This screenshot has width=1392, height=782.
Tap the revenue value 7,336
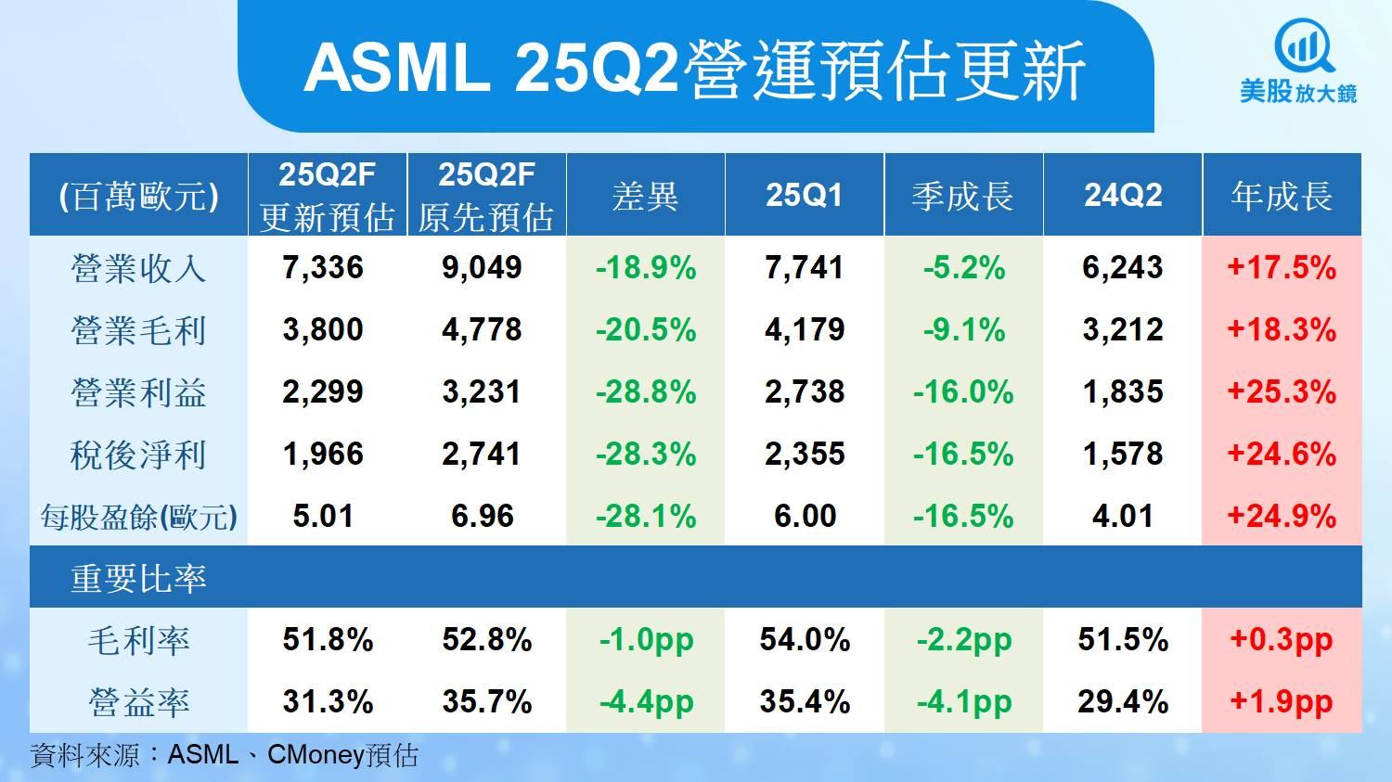point(323,268)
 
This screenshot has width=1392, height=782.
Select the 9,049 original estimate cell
point(482,268)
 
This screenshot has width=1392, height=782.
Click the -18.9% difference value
point(646,268)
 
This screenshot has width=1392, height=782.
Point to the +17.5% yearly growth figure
point(1282,268)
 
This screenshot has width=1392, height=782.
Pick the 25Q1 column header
point(805,195)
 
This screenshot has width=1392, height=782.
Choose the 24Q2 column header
point(1123,195)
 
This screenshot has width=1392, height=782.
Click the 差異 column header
point(645,197)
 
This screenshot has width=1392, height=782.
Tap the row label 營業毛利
point(138,330)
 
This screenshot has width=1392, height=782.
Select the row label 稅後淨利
point(138,454)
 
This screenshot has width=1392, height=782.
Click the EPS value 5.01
point(323,516)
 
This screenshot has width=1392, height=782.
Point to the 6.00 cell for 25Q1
point(805,516)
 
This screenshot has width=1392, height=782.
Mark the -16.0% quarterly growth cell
point(963,392)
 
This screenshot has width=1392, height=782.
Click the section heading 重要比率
point(138,578)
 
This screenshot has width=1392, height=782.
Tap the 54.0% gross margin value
point(805,639)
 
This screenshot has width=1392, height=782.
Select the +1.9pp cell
point(1282,702)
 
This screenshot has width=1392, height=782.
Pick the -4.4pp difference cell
point(646,702)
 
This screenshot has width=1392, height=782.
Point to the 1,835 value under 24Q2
point(1123,392)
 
